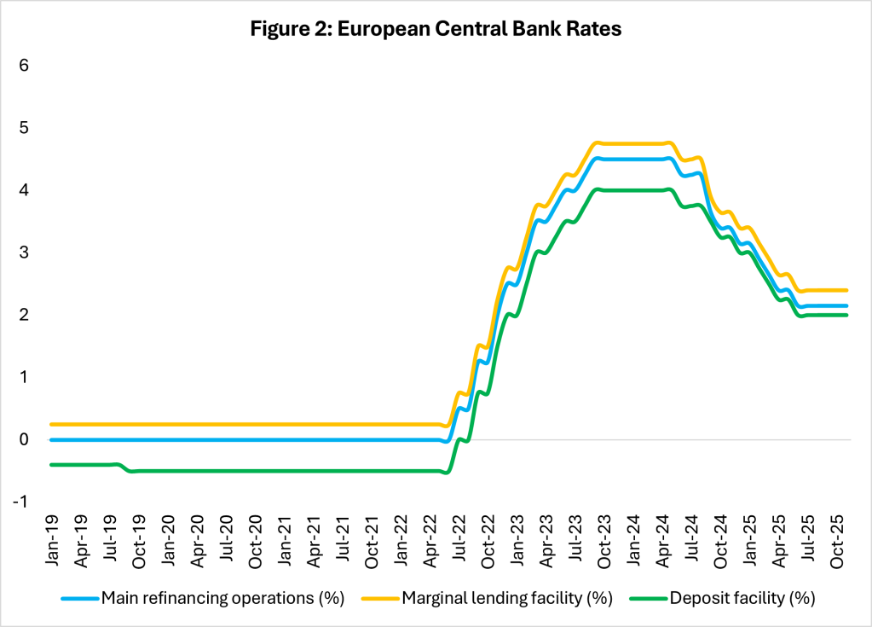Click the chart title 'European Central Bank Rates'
(436, 29)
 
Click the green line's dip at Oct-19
(131, 471)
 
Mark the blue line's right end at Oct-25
(846, 305)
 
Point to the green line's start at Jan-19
(51, 464)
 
